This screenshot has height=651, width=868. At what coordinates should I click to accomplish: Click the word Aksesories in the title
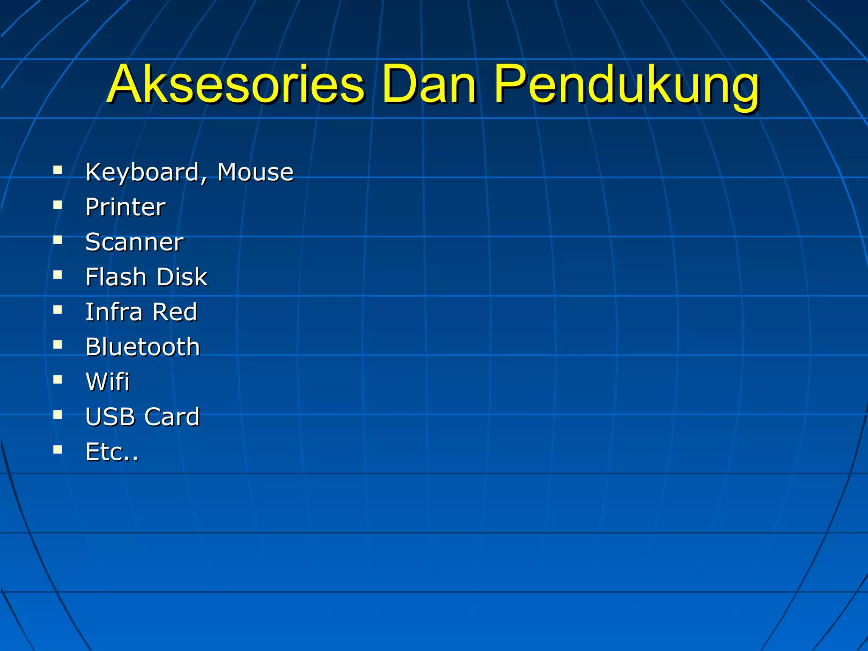click(236, 85)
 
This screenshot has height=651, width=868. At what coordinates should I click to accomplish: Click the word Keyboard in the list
click(142, 172)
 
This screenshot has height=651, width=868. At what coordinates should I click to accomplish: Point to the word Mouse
click(256, 172)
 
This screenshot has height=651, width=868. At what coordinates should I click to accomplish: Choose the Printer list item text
click(125, 207)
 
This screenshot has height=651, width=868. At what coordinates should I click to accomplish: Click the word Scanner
click(134, 242)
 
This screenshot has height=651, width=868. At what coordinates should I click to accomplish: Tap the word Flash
click(116, 277)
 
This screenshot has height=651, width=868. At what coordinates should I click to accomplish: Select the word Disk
click(182, 277)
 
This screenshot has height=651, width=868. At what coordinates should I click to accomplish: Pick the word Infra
click(114, 312)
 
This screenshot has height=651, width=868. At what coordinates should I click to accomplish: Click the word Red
click(175, 312)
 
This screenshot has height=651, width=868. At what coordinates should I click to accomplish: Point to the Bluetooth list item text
click(142, 347)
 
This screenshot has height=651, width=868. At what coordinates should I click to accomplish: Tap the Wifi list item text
click(107, 381)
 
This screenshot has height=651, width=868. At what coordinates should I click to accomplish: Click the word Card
click(172, 417)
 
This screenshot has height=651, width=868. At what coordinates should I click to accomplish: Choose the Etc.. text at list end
click(112, 452)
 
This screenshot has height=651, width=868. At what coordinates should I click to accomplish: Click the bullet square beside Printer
click(58, 205)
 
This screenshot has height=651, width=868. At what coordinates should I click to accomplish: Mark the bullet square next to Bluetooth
click(58, 345)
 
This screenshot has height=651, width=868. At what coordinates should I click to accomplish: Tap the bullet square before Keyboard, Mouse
click(58, 170)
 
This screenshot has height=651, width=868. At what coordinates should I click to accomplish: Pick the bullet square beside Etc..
click(58, 449)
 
